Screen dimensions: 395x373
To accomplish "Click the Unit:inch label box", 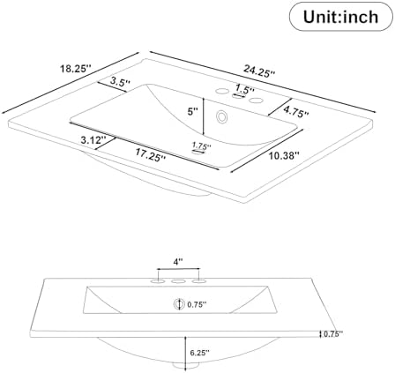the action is pos(341,17).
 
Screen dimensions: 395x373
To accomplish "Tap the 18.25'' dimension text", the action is pos(76,69).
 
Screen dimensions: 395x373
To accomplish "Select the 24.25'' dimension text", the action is pos(259,71).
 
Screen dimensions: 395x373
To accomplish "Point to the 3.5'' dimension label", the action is pos(120,81).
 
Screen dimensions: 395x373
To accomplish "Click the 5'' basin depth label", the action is pos(193,112).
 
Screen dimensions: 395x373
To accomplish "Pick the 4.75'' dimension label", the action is pos(295,112).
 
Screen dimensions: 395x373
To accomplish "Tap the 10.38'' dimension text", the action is pos(284,155).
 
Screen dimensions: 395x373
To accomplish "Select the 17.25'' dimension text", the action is pos(151,155).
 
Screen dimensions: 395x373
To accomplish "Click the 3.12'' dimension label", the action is pos(93,139).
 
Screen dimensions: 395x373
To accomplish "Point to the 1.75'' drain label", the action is pos(202,145).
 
